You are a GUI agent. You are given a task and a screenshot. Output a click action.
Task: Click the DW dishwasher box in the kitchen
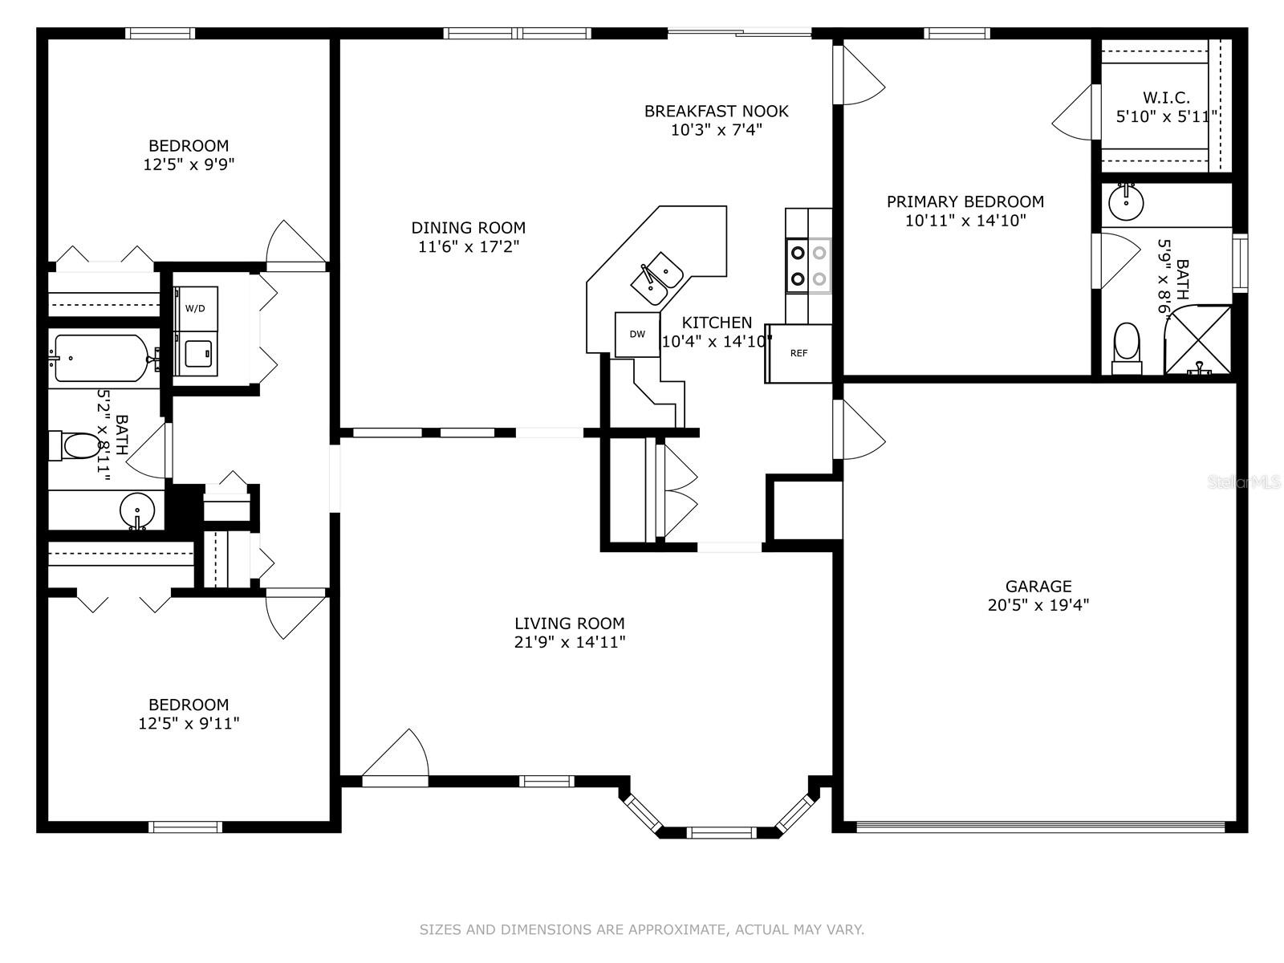click(x=637, y=335)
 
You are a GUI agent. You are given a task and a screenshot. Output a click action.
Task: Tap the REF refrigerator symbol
click(x=798, y=354)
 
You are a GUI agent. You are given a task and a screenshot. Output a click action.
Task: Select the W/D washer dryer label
click(x=195, y=308)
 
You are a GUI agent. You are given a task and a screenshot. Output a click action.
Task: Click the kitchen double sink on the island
click(x=656, y=278)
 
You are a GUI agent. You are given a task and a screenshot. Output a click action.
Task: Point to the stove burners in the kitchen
click(x=808, y=266)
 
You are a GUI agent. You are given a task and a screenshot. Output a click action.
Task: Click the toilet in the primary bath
click(x=1127, y=349)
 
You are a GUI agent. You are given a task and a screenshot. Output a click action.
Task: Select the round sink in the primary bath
click(x=1126, y=202)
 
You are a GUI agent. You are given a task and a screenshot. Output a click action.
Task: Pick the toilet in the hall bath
click(x=75, y=446)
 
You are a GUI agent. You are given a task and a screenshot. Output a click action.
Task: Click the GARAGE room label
click(x=1038, y=586)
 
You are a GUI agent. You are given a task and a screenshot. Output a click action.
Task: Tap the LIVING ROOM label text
click(x=569, y=624)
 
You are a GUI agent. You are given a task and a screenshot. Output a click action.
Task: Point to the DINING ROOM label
click(x=468, y=227)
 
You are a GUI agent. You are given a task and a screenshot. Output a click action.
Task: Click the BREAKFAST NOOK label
click(x=716, y=111)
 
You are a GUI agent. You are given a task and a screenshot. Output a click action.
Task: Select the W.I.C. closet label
click(x=1166, y=97)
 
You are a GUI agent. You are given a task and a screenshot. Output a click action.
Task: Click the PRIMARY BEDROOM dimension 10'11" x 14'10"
click(x=965, y=221)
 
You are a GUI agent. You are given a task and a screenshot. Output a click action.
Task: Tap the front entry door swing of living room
click(x=396, y=758)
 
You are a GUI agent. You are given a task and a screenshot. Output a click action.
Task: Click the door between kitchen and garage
click(x=859, y=430)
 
